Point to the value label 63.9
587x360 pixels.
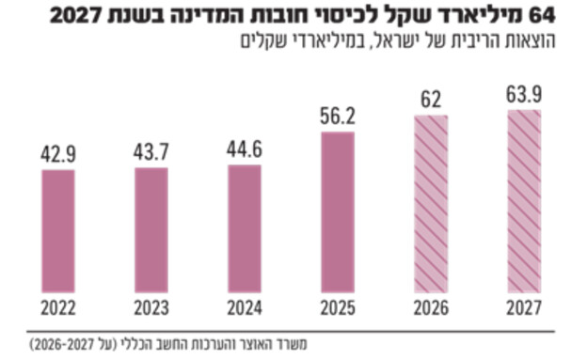click(x=524, y=96)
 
